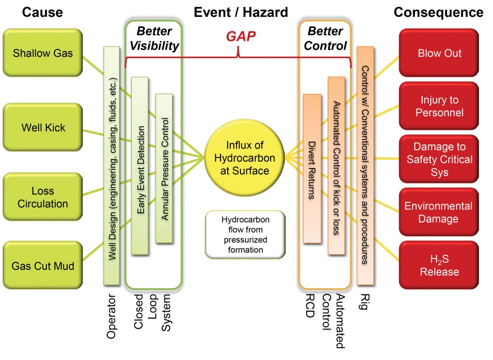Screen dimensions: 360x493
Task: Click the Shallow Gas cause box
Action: (x=43, y=52)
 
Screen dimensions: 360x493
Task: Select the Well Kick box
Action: (x=43, y=128)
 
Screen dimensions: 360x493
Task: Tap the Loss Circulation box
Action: (x=43, y=197)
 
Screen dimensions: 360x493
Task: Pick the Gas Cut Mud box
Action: (x=43, y=265)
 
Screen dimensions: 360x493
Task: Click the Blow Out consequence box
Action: (x=439, y=53)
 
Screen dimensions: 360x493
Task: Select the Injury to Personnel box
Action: (x=439, y=106)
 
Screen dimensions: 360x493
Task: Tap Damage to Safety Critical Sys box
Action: (x=439, y=159)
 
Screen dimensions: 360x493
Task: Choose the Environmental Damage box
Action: (x=439, y=212)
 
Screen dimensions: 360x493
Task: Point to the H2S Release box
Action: (x=439, y=265)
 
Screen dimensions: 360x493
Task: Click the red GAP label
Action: (x=241, y=36)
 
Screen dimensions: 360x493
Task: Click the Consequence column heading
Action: (x=438, y=12)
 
